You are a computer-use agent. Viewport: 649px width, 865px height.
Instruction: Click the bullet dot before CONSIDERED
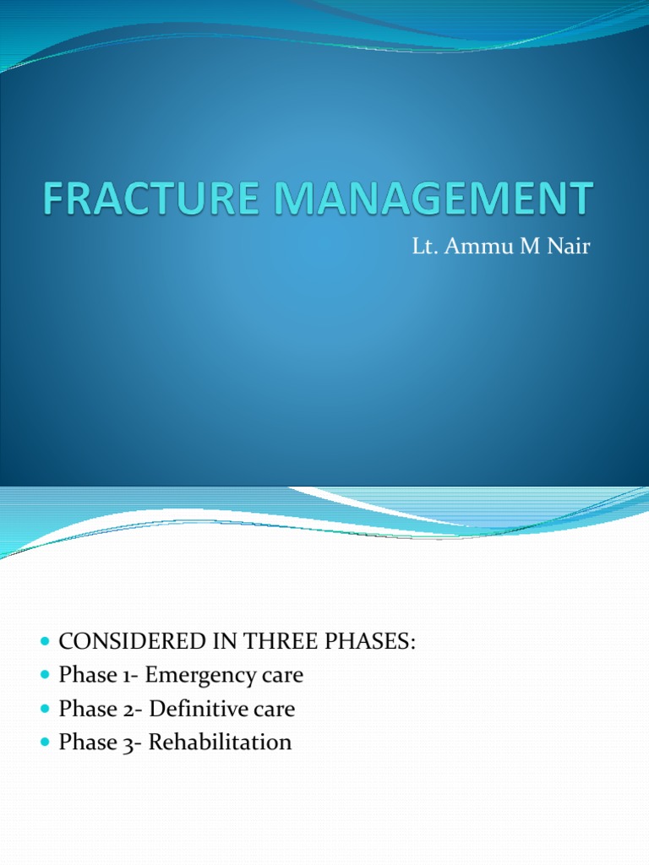46,642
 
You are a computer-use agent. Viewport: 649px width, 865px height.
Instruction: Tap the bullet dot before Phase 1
46,676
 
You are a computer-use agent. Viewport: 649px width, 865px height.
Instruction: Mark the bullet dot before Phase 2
46,710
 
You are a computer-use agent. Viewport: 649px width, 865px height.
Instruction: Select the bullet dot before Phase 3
46,743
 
